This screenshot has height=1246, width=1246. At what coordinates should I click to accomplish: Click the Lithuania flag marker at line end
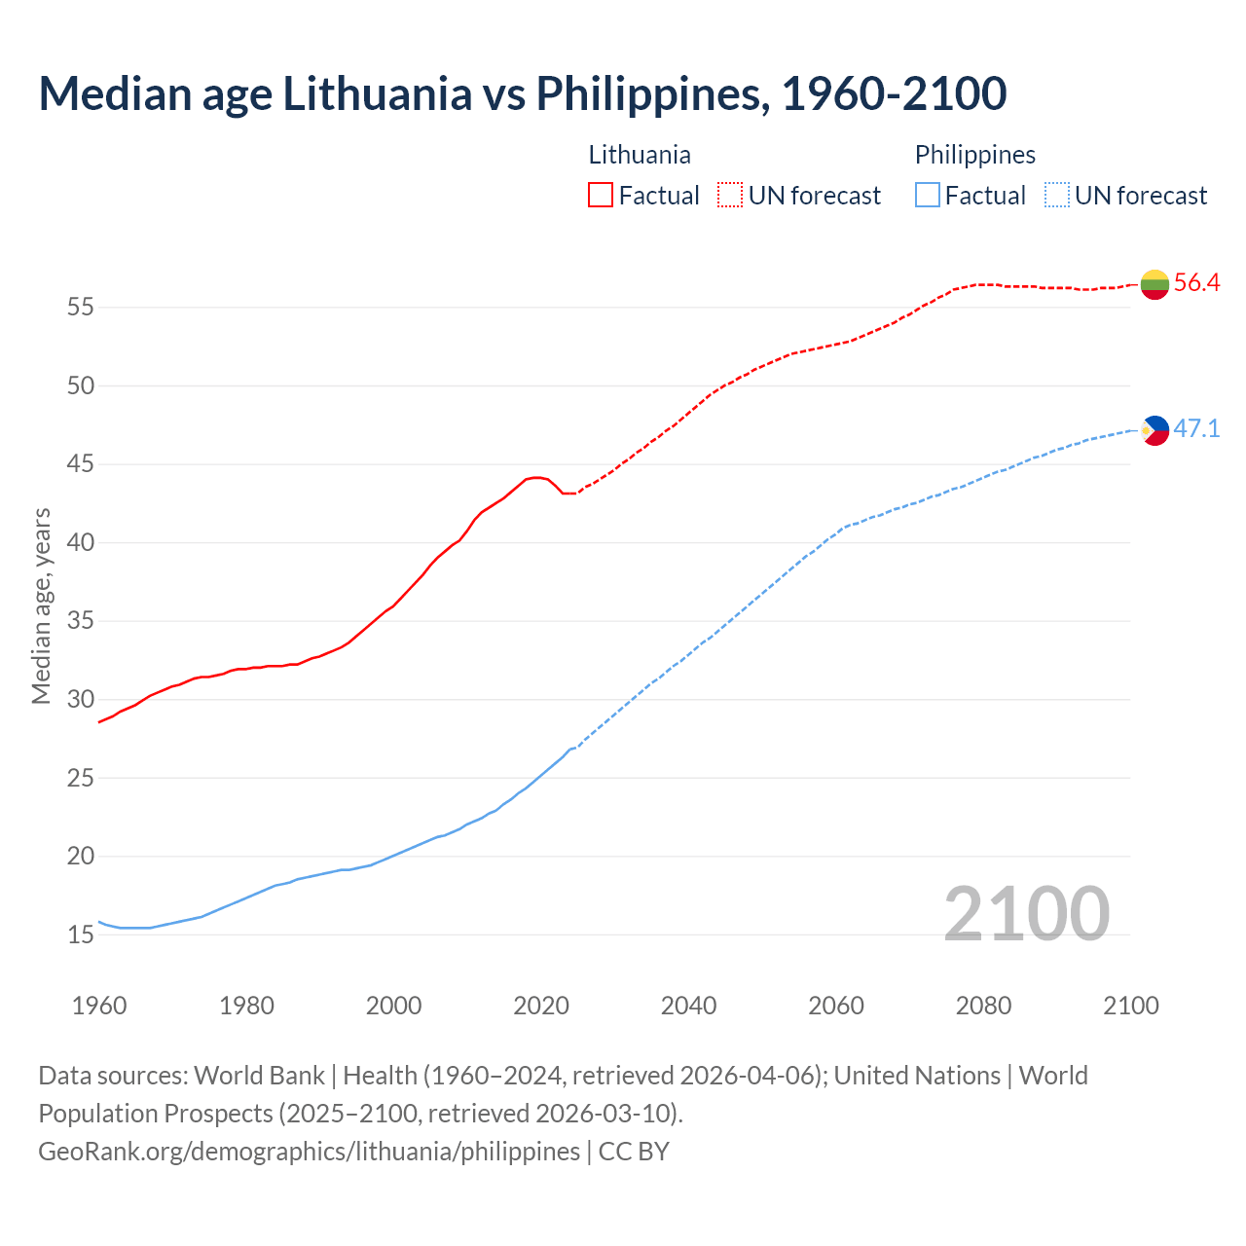(1154, 284)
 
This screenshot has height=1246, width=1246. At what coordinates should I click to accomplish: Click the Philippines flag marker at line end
(1154, 429)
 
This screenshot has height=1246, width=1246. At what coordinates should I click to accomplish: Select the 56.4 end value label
(1196, 283)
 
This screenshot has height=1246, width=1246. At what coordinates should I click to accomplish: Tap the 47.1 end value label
(1196, 428)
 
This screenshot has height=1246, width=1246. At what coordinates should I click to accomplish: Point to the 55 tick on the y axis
(81, 308)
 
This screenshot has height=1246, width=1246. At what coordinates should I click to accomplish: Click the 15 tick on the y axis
(81, 935)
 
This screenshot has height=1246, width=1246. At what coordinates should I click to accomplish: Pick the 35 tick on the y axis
(81, 621)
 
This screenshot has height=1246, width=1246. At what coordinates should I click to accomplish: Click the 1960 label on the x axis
(99, 1006)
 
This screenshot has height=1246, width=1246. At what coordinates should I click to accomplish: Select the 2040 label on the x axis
(688, 1006)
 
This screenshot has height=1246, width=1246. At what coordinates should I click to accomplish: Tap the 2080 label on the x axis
(983, 1006)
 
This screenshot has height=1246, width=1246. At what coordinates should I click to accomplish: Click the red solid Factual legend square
(601, 195)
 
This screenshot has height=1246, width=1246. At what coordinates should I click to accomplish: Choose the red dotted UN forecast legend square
(730, 195)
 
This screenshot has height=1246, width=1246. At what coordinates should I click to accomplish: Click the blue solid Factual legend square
(928, 195)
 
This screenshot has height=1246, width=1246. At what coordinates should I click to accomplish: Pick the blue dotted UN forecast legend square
(1057, 195)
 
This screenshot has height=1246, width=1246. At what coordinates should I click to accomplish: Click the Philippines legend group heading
(974, 155)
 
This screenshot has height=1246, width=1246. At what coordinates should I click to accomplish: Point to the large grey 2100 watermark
(1026, 913)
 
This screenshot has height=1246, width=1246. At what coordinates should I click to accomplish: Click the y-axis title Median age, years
(41, 605)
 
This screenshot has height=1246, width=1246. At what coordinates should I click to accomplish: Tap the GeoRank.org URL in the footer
(309, 1151)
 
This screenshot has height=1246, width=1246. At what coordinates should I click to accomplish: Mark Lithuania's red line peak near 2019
(536, 477)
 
